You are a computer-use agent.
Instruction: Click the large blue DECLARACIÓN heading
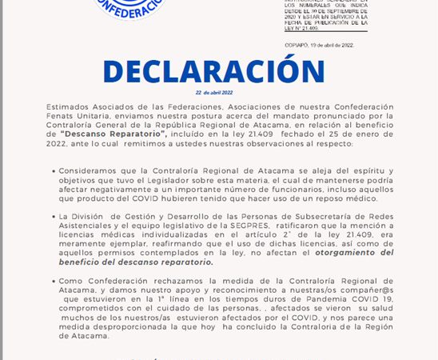[x=214, y=71]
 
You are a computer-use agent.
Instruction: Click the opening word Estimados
[x=70, y=106]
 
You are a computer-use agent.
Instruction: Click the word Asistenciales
[x=88, y=226]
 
